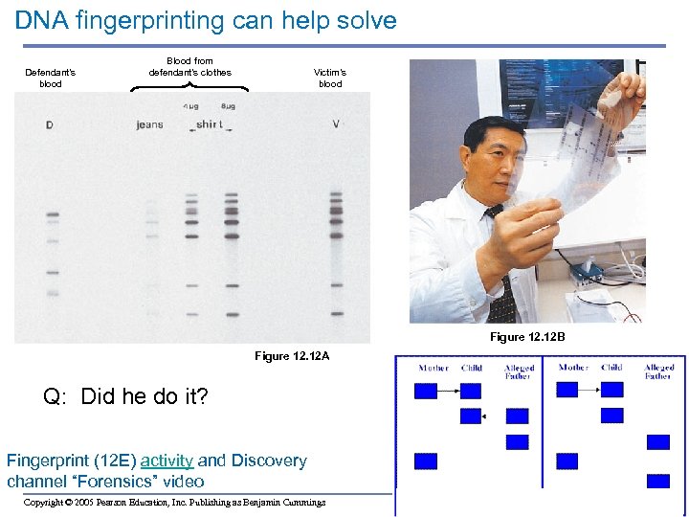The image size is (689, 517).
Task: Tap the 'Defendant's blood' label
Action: [51, 78]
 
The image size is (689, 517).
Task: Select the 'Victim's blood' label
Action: [330, 78]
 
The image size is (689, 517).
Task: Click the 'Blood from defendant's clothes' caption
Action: [189, 66]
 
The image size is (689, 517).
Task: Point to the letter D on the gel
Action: [50, 124]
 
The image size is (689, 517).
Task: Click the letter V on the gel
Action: [335, 124]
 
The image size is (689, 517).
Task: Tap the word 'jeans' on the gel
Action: [150, 124]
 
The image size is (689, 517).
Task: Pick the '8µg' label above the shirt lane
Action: [228, 106]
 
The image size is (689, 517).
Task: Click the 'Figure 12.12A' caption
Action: [292, 356]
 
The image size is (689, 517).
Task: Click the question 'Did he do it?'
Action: [144, 396]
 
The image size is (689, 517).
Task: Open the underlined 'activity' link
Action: [167, 461]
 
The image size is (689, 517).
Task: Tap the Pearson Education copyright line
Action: [174, 502]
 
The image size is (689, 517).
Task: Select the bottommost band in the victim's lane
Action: [336, 313]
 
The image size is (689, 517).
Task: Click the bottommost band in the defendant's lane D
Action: [52, 293]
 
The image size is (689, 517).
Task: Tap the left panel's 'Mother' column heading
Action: [433, 368]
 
